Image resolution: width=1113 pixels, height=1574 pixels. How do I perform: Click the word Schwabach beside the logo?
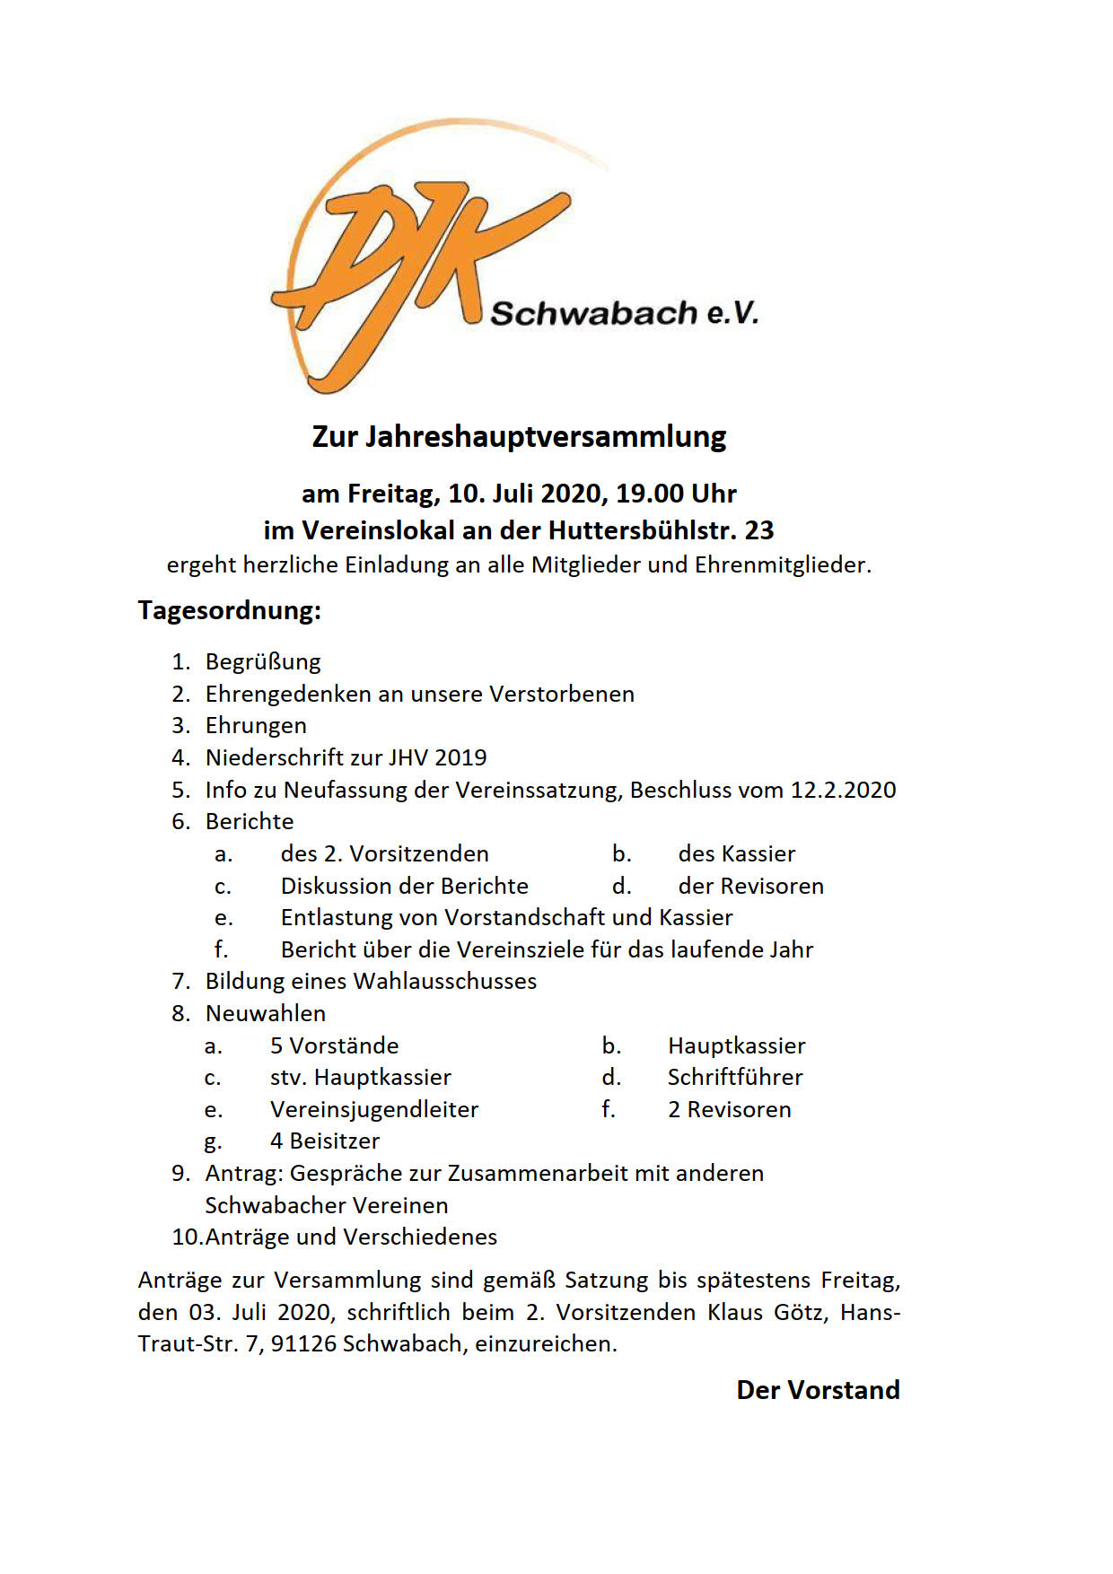click(593, 313)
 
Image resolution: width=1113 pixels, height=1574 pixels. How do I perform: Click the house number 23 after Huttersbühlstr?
click(759, 530)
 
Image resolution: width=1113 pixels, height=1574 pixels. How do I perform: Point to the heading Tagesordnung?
click(229, 610)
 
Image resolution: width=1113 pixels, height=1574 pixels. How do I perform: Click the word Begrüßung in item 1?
click(263, 662)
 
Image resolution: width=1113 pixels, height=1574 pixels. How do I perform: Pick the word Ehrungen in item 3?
click(256, 726)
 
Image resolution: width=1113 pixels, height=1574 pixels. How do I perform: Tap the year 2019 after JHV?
click(460, 757)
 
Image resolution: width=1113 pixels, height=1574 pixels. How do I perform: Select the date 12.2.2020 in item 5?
click(843, 790)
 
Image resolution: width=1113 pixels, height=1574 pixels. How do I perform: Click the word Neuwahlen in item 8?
click(266, 1013)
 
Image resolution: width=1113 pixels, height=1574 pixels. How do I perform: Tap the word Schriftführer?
click(735, 1077)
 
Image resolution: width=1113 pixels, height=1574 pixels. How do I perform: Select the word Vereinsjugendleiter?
click(374, 1109)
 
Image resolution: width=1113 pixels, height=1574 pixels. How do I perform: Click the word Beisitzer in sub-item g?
click(335, 1141)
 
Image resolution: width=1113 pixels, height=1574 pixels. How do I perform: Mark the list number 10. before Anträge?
click(188, 1237)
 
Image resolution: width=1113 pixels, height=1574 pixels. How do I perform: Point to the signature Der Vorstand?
click(818, 1390)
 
